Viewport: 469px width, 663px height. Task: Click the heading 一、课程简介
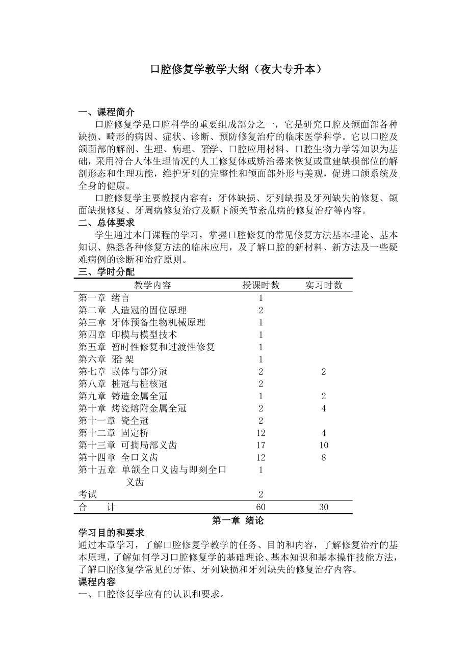tap(107, 112)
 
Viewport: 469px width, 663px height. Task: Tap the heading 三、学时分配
tap(107, 272)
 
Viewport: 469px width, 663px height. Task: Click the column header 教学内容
tap(152, 285)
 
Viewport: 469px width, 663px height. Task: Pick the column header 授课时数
tap(260, 285)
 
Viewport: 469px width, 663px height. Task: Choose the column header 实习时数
tap(324, 285)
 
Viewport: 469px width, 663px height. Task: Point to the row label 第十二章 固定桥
tap(114, 433)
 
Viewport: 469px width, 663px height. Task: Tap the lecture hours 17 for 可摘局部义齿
tap(261, 445)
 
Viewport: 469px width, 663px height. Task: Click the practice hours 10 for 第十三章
tap(324, 445)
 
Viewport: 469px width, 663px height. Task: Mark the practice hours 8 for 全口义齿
tap(324, 457)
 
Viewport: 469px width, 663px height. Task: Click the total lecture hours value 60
tap(261, 507)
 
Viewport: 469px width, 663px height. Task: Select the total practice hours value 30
tap(324, 507)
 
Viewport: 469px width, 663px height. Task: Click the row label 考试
tap(87, 494)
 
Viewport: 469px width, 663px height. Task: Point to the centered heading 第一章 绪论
tap(238, 520)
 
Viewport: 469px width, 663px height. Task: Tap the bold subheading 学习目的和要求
tap(111, 533)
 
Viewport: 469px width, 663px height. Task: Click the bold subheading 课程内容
tap(97, 582)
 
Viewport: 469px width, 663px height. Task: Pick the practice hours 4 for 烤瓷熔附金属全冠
tap(324, 408)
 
